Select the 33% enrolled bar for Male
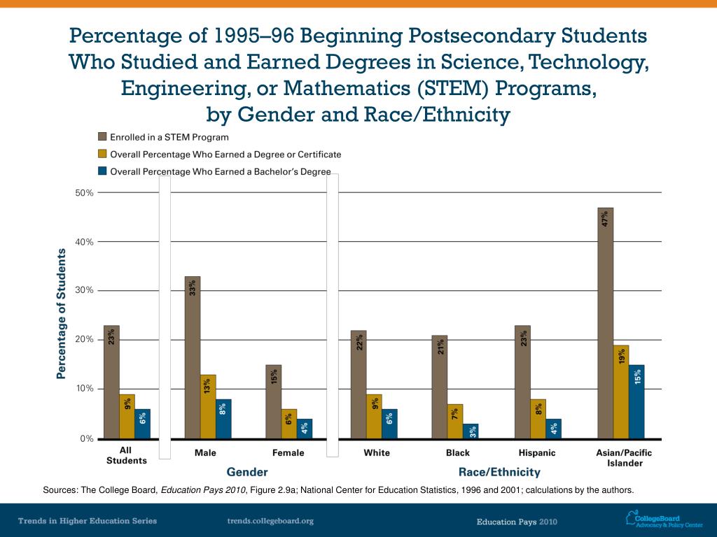coord(193,357)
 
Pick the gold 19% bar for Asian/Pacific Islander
coord(621,392)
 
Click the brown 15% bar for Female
coord(274,401)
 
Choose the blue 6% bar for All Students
coord(143,424)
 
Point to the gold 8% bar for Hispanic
coord(538,419)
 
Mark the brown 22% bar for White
coord(358,385)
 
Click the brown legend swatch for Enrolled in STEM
coord(102,137)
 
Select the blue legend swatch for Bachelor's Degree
coord(102,171)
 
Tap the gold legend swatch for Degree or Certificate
coord(102,154)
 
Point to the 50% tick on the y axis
coord(85,192)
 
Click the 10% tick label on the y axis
coord(85,389)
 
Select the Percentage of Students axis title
coord(61,314)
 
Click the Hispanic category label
coord(537,453)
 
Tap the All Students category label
coord(126,456)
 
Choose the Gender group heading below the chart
coord(247,473)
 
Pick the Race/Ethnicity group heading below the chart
coord(499,473)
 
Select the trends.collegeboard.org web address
coord(270,521)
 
